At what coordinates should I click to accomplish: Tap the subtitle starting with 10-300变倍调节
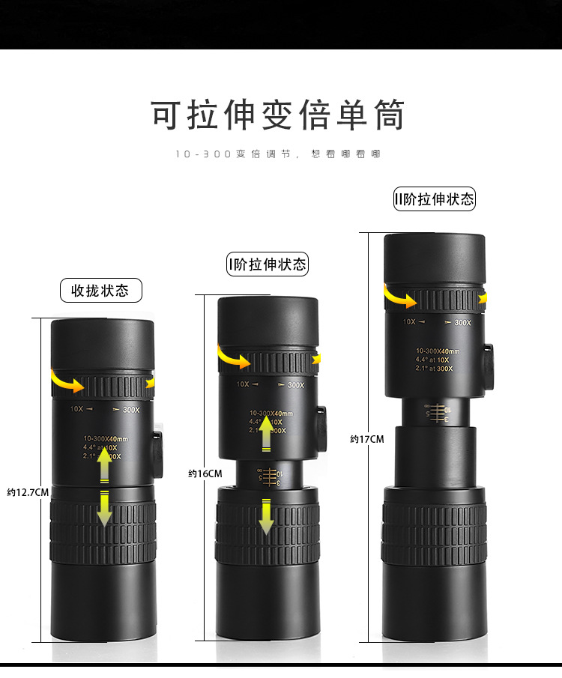point(278,154)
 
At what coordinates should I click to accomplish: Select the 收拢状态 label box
point(100,290)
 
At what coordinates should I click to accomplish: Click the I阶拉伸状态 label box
point(268,264)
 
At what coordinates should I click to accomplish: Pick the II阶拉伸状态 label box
point(435,199)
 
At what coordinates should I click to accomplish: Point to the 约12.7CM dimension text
point(28,492)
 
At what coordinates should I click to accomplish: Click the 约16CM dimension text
point(205,473)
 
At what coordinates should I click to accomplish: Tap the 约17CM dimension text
point(366,439)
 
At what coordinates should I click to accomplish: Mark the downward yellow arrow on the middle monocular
point(266,516)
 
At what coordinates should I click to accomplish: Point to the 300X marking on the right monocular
point(462,323)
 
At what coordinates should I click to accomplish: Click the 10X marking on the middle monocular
point(243,384)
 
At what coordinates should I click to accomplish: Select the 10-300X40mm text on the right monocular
point(438,351)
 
